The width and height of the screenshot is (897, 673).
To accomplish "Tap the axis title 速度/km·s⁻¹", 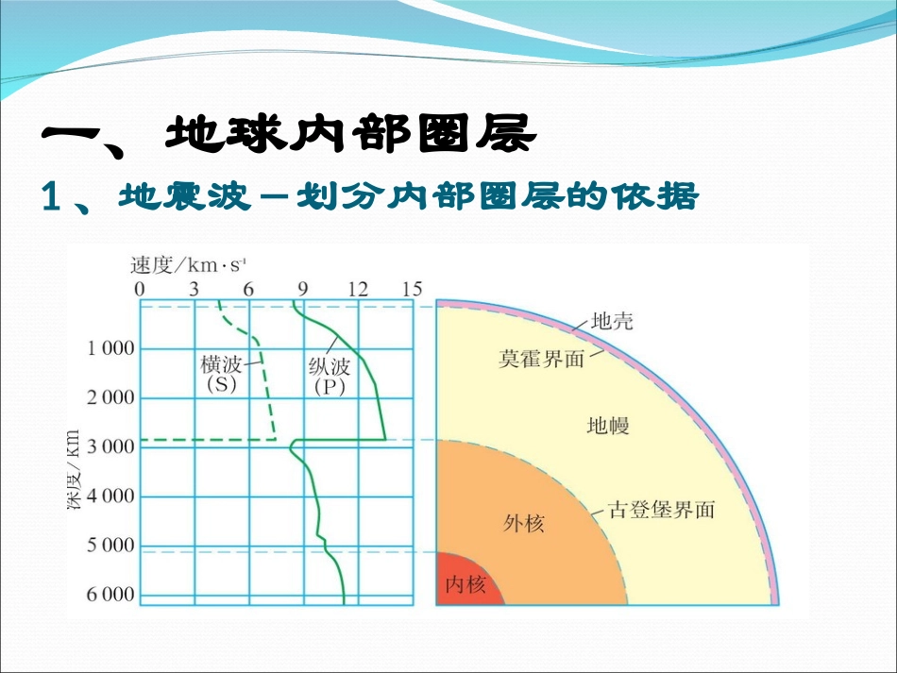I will tap(189, 263).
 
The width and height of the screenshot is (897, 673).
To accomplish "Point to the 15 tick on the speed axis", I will tap(412, 289).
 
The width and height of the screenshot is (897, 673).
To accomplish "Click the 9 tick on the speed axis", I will tap(303, 289).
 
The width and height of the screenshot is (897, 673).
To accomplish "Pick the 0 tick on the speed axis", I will tap(140, 289).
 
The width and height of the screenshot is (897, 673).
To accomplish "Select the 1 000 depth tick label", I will tap(110, 349).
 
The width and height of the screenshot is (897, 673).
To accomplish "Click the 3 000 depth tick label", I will tap(110, 446).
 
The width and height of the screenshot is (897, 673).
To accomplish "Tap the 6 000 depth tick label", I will tap(110, 595).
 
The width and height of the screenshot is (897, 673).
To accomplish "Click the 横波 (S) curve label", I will tap(221, 374).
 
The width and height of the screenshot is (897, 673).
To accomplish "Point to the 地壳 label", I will tap(612, 321).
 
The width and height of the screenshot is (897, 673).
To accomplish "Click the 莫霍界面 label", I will tap(542, 360).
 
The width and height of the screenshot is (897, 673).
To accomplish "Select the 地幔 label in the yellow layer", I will tap(607, 427).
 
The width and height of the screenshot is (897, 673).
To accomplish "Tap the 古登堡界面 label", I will tap(662, 511).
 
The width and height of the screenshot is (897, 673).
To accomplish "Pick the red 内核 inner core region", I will tap(465, 582).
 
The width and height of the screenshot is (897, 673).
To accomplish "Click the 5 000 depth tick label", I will tap(110, 546).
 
